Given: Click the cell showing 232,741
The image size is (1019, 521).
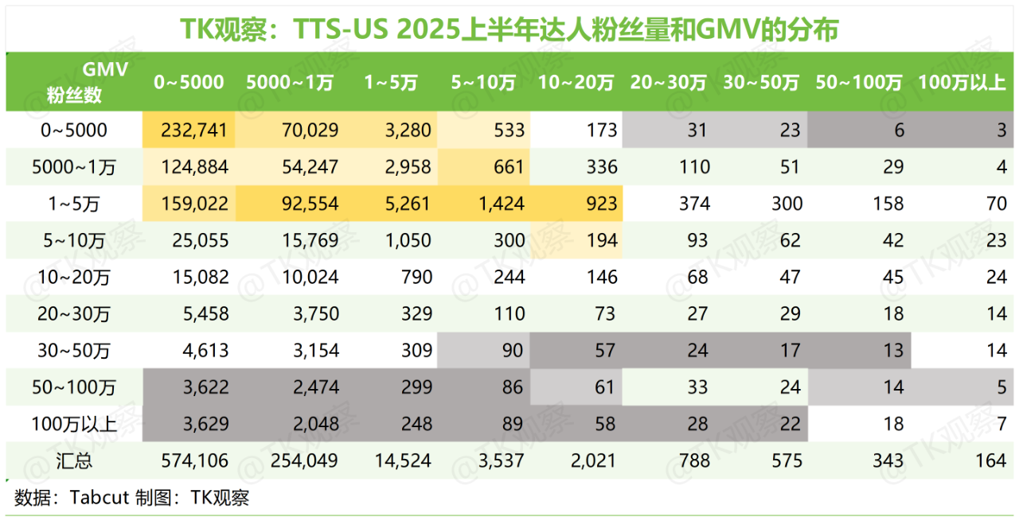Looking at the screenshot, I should [194, 130].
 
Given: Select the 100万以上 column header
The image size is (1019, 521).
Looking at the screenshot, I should [962, 83].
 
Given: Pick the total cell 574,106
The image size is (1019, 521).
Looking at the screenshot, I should [194, 461].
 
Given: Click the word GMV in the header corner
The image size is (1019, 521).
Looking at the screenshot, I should [105, 69].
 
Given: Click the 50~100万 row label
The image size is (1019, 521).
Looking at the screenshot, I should [74, 387].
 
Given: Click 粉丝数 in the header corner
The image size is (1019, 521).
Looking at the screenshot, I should [74, 95].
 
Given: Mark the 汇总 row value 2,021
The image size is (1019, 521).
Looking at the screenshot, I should [594, 461].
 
